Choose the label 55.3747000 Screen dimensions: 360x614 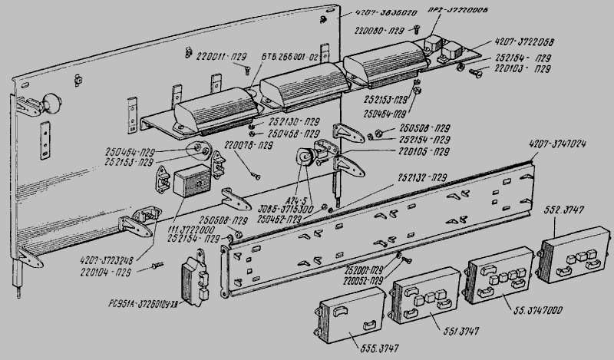pos(538,311)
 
